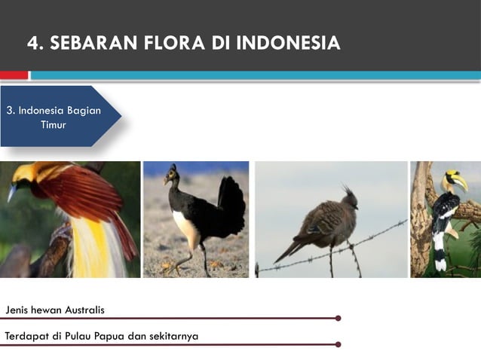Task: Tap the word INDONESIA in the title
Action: click(288, 43)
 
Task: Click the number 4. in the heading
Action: click(35, 43)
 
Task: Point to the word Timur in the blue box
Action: click(53, 124)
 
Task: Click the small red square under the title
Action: click(14, 75)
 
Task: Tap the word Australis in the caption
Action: click(82, 310)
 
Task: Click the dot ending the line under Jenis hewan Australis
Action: click(338, 318)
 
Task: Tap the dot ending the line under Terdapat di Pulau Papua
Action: click(338, 344)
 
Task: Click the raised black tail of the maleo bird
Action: click(231, 200)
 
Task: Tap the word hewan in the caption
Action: click(47, 310)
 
